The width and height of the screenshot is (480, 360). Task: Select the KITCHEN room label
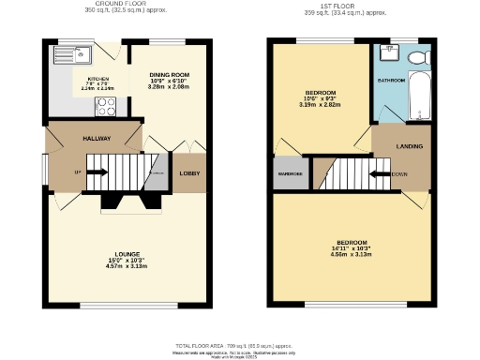98,79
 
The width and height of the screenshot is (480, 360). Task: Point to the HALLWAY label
97,138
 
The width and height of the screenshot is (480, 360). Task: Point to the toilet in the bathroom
417,59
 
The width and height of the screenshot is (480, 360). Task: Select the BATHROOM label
391,81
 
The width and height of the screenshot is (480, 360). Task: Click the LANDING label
409,147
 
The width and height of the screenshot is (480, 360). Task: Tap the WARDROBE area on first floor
290,174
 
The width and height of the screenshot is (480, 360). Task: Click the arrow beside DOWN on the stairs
380,173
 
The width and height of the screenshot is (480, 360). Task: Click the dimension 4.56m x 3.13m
351,253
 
